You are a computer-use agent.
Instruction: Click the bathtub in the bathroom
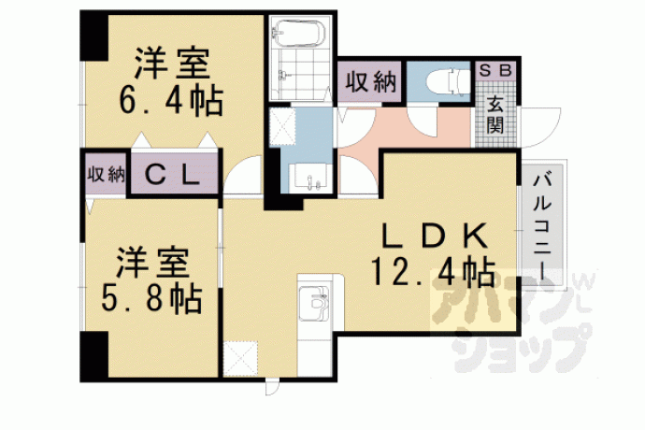coord(299,33)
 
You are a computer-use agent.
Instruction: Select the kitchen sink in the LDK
coord(314,303)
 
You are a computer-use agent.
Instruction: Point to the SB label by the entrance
coord(495,71)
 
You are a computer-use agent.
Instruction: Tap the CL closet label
coord(172,175)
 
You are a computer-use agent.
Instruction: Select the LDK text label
coord(435,236)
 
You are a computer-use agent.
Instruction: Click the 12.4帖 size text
coord(433,271)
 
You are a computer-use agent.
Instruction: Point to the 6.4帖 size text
coord(171,100)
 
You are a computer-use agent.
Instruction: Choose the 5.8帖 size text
coord(151,298)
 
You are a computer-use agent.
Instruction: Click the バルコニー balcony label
coord(542,225)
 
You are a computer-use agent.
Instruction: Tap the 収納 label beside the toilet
coord(370,82)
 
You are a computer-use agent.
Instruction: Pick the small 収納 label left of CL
coord(106,175)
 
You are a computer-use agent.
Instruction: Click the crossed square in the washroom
coord(282,126)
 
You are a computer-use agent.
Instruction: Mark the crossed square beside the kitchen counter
coord(240,358)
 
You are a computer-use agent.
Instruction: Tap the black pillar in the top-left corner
coord(93,37)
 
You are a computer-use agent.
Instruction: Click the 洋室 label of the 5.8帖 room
coord(152,263)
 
